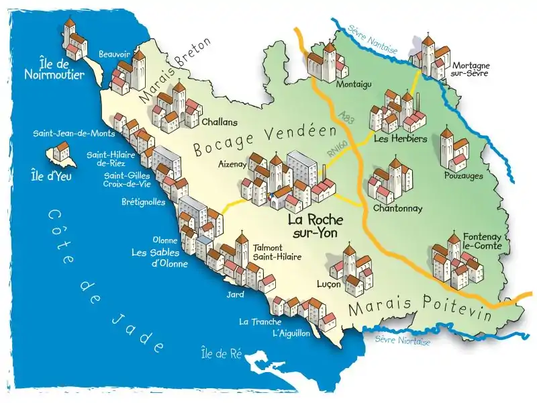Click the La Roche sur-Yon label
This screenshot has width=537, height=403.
tap(315, 226)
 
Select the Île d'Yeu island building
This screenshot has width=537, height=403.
tap(61, 152)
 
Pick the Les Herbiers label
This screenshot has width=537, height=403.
tap(391, 139)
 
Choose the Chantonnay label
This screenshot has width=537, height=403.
tap(397, 208)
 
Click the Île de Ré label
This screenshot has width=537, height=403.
tap(222, 353)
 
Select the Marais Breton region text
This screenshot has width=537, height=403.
tap(175, 71)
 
